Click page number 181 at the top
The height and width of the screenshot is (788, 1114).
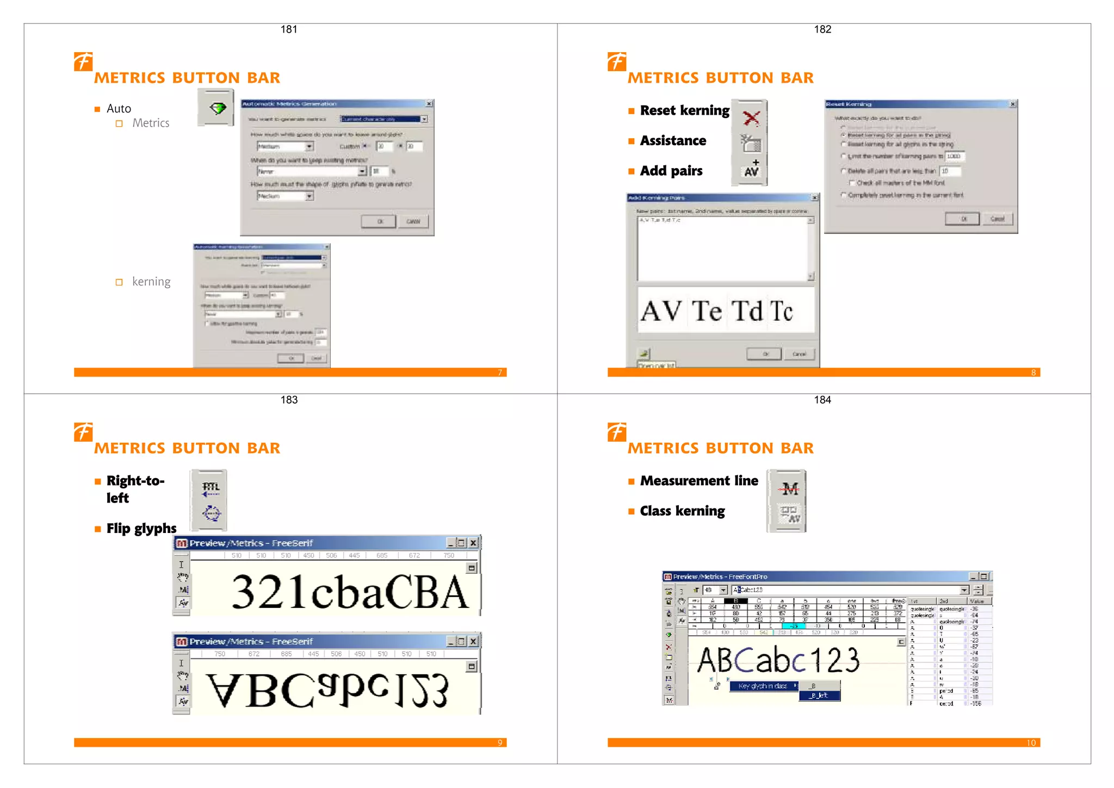click(289, 29)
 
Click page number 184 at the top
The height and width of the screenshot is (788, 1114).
click(822, 400)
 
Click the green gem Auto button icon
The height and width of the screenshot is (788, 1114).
click(217, 108)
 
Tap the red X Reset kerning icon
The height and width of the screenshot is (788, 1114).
click(751, 118)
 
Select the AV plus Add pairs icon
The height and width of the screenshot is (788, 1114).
click(751, 170)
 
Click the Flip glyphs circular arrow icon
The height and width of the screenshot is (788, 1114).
click(211, 513)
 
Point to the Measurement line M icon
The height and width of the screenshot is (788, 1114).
click(789, 488)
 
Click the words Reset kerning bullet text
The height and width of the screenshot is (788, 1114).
click(684, 110)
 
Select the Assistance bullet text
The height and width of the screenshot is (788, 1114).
click(673, 141)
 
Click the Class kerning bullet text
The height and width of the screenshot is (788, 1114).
click(682, 511)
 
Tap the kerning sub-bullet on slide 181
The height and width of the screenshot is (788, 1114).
click(151, 282)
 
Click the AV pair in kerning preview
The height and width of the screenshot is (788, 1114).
click(661, 311)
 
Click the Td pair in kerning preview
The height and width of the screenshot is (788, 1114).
click(747, 311)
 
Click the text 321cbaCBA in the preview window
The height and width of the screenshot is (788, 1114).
click(349, 592)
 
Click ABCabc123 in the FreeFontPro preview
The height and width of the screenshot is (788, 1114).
click(778, 660)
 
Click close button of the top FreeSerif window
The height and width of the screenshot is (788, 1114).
click(473, 543)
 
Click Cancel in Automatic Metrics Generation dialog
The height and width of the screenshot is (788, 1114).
click(413, 221)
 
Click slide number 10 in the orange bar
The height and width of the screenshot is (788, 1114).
click(1031, 743)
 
